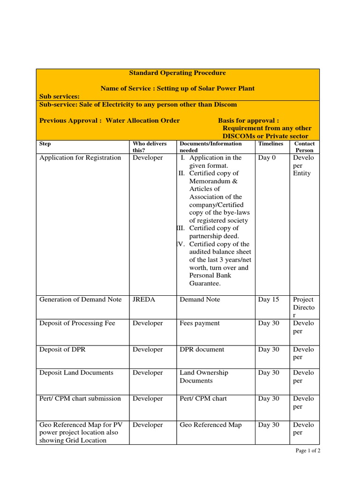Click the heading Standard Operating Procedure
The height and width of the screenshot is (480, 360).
coord(177,73)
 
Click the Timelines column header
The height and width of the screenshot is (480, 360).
coord(270,144)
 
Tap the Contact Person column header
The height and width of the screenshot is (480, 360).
coord(304,147)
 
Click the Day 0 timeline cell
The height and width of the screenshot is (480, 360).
coord(267,158)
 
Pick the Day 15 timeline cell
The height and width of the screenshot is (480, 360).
coord(269,300)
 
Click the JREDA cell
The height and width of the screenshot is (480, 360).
coord(143,300)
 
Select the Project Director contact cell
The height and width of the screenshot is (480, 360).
coord(304,307)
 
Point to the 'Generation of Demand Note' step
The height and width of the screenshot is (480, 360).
coord(81,300)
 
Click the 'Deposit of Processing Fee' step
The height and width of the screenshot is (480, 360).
coord(77,323)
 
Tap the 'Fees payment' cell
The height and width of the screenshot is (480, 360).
coord(200,323)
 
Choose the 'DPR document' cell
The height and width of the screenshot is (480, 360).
coord(202,350)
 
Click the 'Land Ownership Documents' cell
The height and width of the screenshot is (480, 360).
coord(204,377)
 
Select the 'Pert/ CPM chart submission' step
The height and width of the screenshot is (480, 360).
coord(80,399)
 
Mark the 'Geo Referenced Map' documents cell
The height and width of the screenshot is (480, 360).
coord(211,425)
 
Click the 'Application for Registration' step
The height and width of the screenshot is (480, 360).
coord(80,158)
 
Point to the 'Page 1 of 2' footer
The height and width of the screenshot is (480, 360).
coord(307,451)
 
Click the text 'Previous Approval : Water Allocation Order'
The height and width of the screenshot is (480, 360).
coord(110,120)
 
